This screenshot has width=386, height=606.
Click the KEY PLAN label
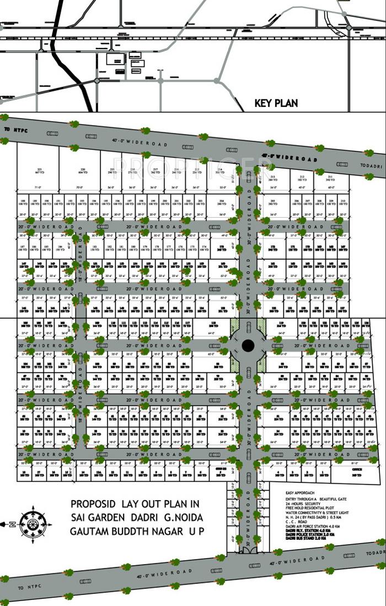coord(276,103)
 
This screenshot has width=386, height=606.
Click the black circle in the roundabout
coord(248,346)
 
